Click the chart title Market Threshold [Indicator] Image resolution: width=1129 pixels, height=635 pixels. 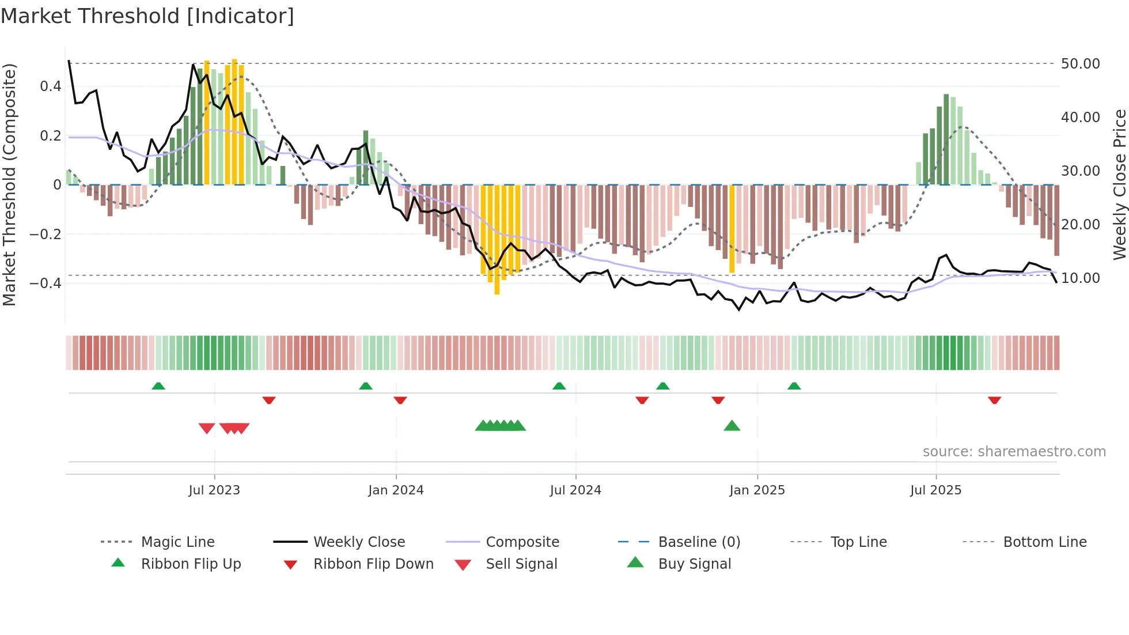(147, 16)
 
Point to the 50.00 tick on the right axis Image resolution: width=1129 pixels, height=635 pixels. (1080, 64)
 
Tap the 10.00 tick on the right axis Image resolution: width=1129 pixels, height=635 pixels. (1080, 278)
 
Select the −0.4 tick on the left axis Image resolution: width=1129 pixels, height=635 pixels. (46, 283)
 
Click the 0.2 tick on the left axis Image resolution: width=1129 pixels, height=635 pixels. (50, 136)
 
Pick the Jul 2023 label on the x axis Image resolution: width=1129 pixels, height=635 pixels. (214, 490)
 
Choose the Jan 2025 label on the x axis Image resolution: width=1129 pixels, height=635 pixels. (757, 490)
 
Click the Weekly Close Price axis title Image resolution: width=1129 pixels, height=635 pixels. (1119, 184)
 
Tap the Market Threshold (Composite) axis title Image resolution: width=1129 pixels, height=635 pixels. (9, 184)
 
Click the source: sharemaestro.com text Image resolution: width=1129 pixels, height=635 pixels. (1014, 452)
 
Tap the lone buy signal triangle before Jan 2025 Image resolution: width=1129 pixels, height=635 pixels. (732, 426)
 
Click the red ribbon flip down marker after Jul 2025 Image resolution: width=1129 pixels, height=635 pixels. (994, 400)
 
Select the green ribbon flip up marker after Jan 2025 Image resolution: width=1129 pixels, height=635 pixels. (794, 386)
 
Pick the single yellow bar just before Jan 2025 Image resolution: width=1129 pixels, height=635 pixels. (732, 229)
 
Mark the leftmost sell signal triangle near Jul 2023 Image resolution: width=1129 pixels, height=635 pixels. (207, 428)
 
